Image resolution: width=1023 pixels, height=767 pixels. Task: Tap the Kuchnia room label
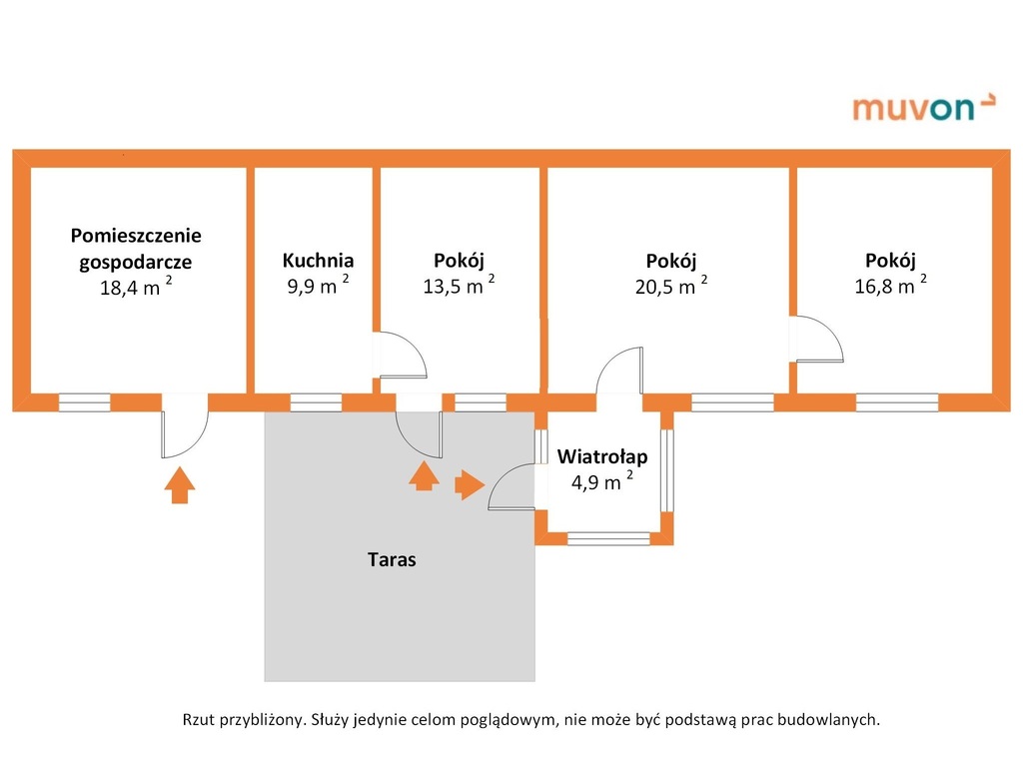click(318, 261)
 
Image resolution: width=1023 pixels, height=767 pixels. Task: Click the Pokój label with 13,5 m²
click(459, 261)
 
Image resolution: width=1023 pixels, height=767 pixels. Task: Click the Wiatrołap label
click(602, 457)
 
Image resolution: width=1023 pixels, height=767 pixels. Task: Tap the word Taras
click(392, 560)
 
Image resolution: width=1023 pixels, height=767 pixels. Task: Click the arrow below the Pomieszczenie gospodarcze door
click(179, 485)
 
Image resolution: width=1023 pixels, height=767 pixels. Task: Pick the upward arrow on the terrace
click(424, 475)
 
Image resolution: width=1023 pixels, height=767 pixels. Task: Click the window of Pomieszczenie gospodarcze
click(85, 402)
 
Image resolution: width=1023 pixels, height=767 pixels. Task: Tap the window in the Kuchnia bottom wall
click(316, 402)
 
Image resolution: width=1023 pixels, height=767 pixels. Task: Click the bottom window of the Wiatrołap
click(608, 537)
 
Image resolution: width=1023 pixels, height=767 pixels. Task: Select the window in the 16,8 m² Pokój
click(896, 402)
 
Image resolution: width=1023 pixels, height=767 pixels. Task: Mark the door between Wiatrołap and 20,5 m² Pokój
click(619, 372)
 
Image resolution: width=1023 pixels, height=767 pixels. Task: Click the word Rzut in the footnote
click(198, 718)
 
